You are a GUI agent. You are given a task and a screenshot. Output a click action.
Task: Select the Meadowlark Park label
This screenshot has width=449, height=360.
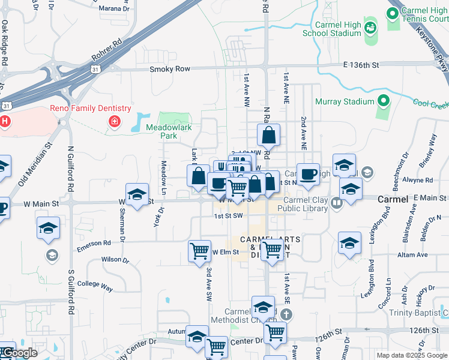click(161, 132)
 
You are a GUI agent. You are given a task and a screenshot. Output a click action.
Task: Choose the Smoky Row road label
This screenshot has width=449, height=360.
click(170, 69)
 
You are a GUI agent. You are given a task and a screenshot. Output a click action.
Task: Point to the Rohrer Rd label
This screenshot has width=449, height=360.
click(106, 50)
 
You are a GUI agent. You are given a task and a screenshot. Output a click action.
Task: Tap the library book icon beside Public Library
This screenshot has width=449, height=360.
click(336, 204)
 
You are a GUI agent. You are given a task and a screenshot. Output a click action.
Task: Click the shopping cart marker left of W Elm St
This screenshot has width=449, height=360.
click(199, 251)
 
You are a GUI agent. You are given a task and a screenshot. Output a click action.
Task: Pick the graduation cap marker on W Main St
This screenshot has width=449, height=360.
click(137, 194)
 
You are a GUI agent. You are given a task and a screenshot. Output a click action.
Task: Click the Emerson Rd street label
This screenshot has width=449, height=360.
click(94, 243)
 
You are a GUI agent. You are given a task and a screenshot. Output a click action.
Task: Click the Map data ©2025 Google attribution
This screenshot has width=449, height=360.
click(411, 355)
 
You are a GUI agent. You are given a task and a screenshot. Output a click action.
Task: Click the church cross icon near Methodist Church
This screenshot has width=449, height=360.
click(287, 314)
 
